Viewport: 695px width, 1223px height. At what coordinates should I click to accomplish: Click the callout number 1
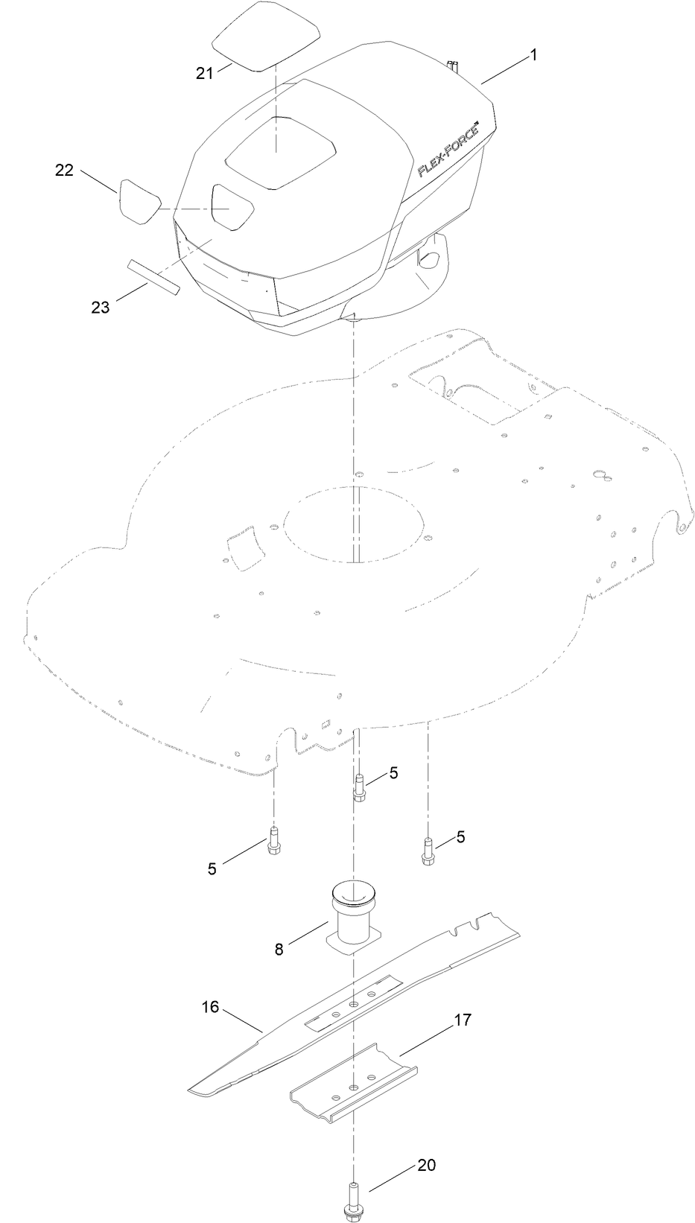point(533,55)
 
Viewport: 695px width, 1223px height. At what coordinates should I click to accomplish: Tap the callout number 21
point(204,72)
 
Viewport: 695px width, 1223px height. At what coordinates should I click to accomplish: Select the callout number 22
point(64,171)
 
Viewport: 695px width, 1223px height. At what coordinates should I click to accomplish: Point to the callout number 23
point(100,306)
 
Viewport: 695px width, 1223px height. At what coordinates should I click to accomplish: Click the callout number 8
point(279,949)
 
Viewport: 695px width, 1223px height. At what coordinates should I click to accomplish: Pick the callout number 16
point(210,1007)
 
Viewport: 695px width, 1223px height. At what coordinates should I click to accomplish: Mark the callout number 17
point(463,1020)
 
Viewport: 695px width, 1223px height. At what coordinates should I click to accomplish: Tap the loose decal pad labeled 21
point(265,37)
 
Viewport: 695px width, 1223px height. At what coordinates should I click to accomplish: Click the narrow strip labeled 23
point(153,278)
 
